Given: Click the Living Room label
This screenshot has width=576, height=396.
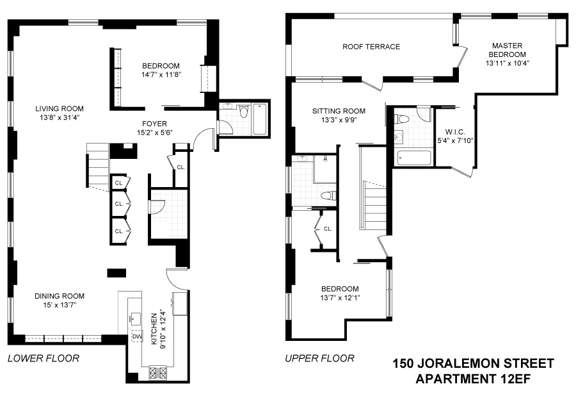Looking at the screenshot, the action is pyautogui.click(x=60, y=109).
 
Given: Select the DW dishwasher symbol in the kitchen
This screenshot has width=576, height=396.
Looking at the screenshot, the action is pyautogui.click(x=137, y=336).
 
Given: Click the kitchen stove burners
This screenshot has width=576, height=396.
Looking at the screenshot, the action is pyautogui.click(x=157, y=372).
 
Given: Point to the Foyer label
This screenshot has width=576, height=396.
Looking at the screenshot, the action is pyautogui.click(x=155, y=124).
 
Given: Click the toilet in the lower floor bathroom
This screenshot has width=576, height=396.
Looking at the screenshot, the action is pyautogui.click(x=244, y=111).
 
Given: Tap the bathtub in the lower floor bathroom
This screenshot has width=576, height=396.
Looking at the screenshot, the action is pyautogui.click(x=260, y=119).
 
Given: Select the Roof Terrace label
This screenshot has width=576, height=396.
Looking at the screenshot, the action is pyautogui.click(x=371, y=47).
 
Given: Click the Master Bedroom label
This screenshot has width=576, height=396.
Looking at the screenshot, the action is pyautogui.click(x=508, y=50).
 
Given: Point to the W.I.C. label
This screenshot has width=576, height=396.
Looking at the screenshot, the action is pyautogui.click(x=455, y=132).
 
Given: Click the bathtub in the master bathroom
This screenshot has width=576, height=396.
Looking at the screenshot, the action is pyautogui.click(x=413, y=158).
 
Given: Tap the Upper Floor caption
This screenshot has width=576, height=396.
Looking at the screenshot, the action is pyautogui.click(x=319, y=358).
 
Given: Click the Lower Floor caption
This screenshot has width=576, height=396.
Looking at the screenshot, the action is pyautogui.click(x=44, y=358).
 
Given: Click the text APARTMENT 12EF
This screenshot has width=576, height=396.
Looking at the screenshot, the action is pyautogui.click(x=473, y=379).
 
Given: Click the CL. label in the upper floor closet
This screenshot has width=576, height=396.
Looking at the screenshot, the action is pyautogui.click(x=328, y=229).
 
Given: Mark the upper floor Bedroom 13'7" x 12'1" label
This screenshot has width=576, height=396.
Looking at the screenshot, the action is pyautogui.click(x=340, y=293).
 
